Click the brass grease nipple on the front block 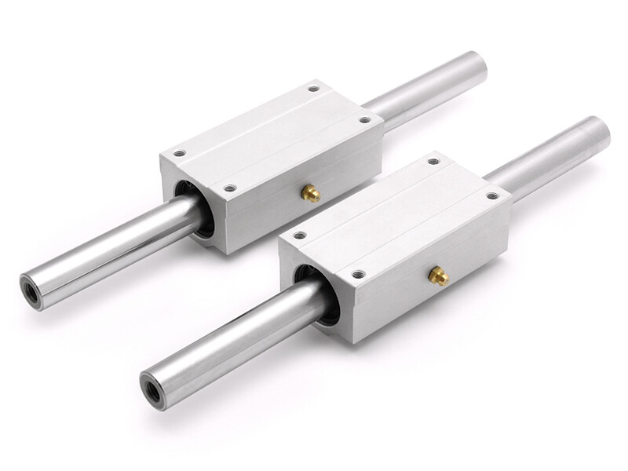pos(438,276)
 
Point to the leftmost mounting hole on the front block pos(299,235)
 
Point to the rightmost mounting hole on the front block pos(492,195)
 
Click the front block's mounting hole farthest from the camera pos(433,161)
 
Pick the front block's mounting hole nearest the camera pos(358,274)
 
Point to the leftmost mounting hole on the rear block pos(179,154)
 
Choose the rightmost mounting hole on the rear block pos(363,120)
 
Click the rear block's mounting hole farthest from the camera pos(313,89)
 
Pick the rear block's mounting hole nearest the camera pos(229,188)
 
